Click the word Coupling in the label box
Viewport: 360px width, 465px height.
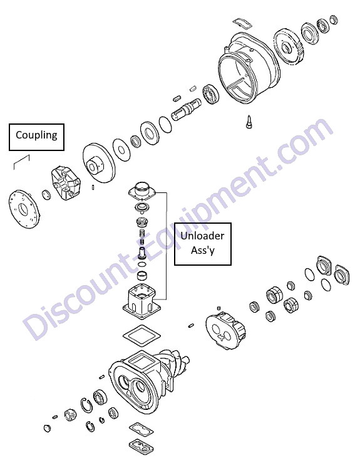[x=36, y=135]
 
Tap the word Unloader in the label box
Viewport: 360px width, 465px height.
[x=202, y=236]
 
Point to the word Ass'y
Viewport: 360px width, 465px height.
[x=203, y=250]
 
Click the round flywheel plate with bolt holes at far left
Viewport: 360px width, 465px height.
[x=24, y=209]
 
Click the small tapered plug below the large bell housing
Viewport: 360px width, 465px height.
[x=249, y=122]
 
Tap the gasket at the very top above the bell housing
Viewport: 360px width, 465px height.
[x=242, y=24]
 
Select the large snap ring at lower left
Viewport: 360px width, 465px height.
[x=86, y=405]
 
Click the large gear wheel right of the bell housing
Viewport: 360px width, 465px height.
[x=289, y=46]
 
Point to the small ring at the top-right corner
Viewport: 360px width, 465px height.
[x=334, y=19]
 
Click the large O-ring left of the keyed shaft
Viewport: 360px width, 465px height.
[x=165, y=125]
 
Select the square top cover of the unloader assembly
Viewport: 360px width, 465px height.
[x=143, y=191]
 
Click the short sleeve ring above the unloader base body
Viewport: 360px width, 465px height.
[x=143, y=275]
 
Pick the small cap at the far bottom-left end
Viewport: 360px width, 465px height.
[x=47, y=428]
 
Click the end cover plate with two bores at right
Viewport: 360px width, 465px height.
[x=225, y=331]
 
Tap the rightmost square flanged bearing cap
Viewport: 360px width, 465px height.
[x=342, y=275]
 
